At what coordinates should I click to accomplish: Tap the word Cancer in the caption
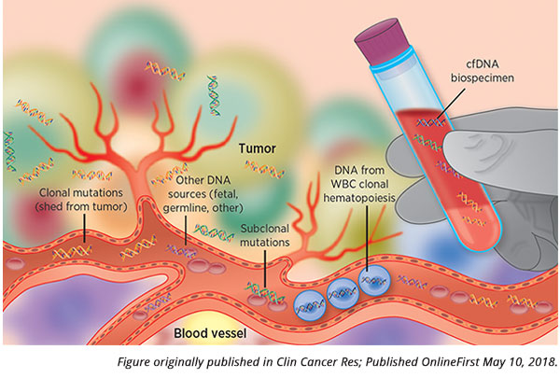(305, 362)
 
